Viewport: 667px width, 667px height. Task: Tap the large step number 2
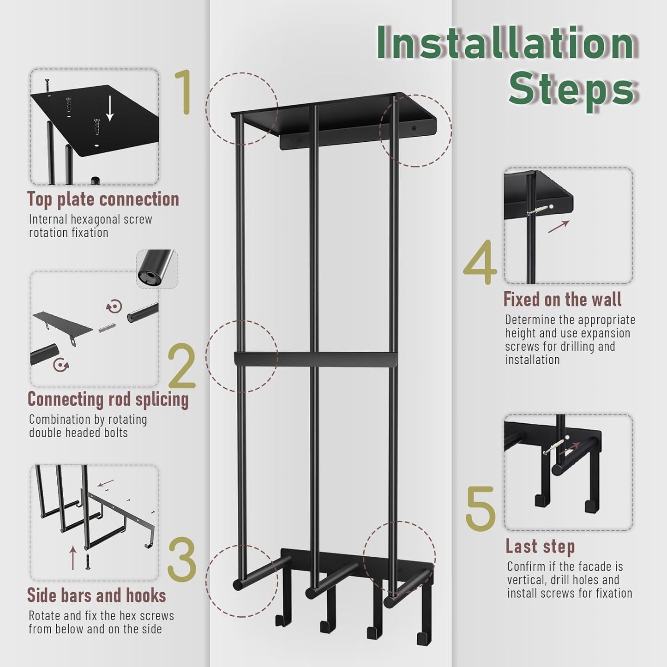pos(182,366)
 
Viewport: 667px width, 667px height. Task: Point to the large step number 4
pos(480,262)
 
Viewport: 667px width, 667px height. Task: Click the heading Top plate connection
pos(103,200)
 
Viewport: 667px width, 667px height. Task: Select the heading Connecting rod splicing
pos(108,399)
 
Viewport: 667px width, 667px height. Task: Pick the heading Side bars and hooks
pos(96,595)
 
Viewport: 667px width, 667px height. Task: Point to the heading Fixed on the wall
pos(562,299)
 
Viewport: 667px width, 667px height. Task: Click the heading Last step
pos(540,546)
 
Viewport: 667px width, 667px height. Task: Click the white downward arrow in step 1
pos(110,108)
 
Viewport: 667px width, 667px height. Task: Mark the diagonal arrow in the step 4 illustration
pos(559,226)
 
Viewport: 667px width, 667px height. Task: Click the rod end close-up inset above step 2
pos(157,269)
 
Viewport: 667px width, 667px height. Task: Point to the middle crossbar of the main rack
pos(315,359)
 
